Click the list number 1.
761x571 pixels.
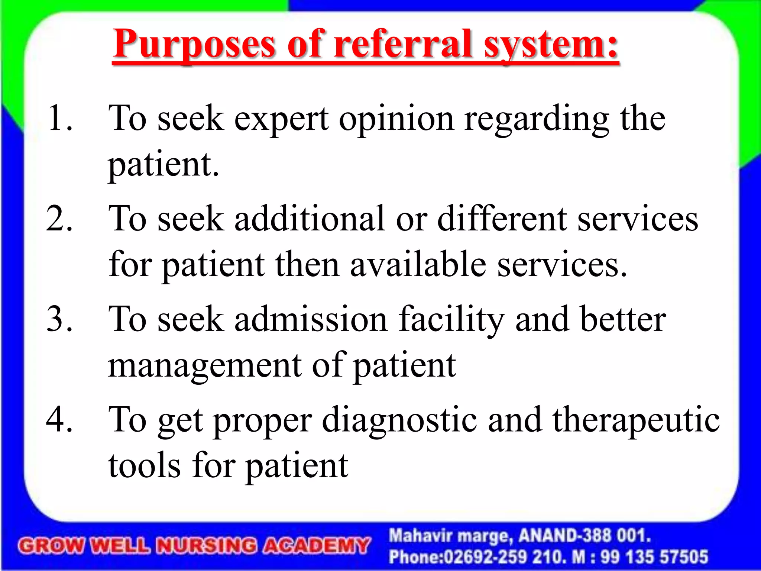[x=59, y=118]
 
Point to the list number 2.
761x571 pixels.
[x=59, y=219]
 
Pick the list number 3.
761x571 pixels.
[x=59, y=319]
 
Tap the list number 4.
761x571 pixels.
[x=59, y=419]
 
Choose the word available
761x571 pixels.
[x=418, y=265]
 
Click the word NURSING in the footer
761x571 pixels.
[x=206, y=546]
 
